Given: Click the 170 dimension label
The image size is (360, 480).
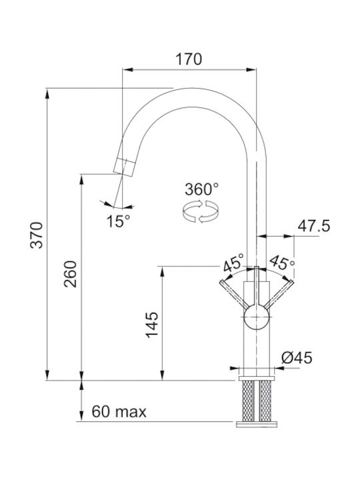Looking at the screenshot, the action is pos(189,59).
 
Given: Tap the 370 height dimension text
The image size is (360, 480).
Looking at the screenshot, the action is pos(37,235).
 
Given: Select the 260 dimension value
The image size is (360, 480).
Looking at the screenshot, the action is pos(70,274).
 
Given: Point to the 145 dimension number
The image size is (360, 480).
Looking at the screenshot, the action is pos(152,325).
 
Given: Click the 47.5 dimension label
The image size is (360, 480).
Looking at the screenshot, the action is pos(314,226).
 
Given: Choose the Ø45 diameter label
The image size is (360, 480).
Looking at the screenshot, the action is pos(297,357).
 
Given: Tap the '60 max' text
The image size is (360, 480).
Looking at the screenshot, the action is pos(119,412).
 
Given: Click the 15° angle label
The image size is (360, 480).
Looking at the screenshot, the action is pos(118,221).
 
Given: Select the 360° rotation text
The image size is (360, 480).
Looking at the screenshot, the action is pos(202,189).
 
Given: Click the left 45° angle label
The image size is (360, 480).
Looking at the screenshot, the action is pos(233,263).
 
